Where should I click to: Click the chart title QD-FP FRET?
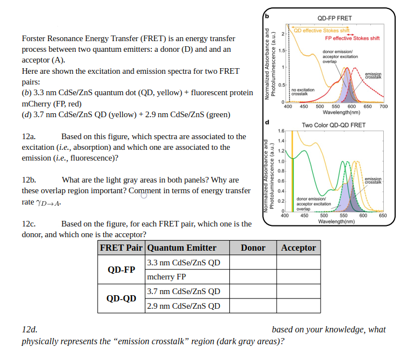tap(335, 19)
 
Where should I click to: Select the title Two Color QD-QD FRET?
tap(334, 125)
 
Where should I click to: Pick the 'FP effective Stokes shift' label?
tap(352, 38)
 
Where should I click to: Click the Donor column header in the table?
tap(253, 247)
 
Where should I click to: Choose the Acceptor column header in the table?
tap(298, 247)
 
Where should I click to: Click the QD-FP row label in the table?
tap(121, 269)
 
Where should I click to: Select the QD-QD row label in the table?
tap(121, 299)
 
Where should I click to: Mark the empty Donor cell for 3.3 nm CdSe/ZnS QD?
tap(253, 262)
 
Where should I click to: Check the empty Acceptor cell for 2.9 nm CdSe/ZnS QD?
tap(298, 306)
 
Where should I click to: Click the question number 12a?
tap(29, 136)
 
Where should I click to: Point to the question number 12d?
tap(29, 329)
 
